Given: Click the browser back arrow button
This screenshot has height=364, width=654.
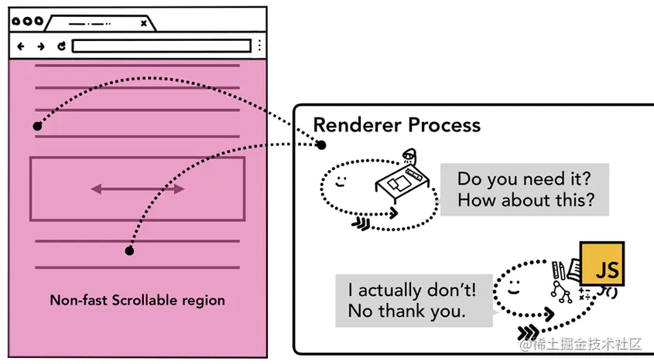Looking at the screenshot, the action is click(x=20, y=46).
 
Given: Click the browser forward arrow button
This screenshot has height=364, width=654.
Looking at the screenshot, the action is click(x=41, y=46).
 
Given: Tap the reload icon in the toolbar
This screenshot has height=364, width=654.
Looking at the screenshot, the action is click(x=61, y=46).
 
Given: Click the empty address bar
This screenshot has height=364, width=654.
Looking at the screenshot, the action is click(x=162, y=46).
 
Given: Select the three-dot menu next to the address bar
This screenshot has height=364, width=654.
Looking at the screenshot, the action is click(x=259, y=46).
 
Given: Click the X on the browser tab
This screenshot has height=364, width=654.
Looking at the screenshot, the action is click(x=143, y=23).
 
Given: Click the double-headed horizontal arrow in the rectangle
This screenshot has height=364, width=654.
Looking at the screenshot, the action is click(x=138, y=189).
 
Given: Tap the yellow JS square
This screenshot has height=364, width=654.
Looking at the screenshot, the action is click(x=602, y=264).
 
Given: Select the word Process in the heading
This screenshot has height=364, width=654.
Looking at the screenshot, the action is click(x=444, y=125).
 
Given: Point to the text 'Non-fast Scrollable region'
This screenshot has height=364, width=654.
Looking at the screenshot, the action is click(x=137, y=301).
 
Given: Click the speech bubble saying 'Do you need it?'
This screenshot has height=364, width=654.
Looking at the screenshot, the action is click(x=525, y=189).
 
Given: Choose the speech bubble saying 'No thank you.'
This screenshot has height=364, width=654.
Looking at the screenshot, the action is click(x=414, y=301).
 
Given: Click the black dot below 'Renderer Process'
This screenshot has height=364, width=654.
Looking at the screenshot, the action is click(x=320, y=145).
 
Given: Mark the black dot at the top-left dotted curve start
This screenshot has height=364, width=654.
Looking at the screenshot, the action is click(x=37, y=126).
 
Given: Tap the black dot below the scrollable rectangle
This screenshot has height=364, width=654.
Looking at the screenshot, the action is click(x=129, y=250).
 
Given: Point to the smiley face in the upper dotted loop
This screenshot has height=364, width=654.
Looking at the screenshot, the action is click(x=341, y=182).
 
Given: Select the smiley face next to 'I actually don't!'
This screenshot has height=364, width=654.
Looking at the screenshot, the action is click(x=514, y=287).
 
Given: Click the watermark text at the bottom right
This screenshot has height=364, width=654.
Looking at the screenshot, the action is click(x=580, y=344).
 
